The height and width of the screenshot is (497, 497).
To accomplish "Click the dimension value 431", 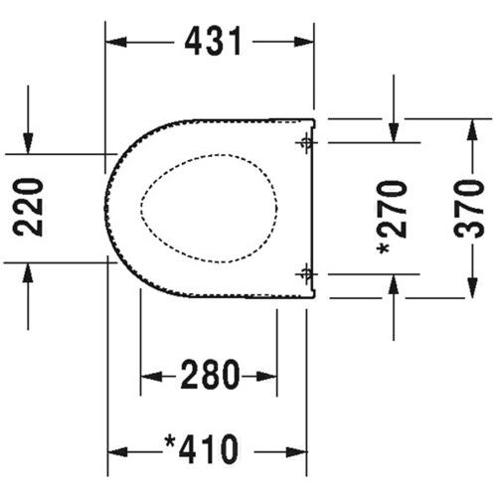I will pyautogui.click(x=211, y=42).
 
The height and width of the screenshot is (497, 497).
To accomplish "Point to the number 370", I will pyautogui.click(x=473, y=208).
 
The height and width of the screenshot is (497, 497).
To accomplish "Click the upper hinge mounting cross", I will pyautogui.click(x=305, y=143).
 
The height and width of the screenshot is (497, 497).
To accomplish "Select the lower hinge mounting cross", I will pyautogui.click(x=305, y=272).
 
